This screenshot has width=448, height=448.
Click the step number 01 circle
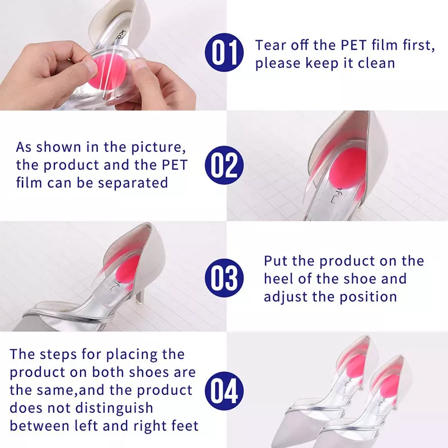225,52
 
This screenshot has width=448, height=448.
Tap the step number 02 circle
225,165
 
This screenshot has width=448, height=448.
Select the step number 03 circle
225,278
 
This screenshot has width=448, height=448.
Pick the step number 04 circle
225,391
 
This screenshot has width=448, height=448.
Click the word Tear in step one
271,45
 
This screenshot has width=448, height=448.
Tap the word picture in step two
158,148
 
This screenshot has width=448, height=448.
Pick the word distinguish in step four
114,409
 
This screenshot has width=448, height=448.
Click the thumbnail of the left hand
91,67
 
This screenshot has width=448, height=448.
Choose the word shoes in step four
148,372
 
